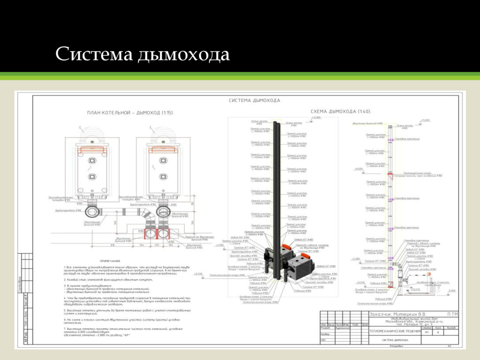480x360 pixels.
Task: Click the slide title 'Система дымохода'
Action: click(x=142, y=54)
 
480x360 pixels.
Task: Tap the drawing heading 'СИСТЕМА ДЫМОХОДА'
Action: click(x=254, y=100)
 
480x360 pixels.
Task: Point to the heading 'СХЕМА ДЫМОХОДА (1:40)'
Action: click(x=341, y=112)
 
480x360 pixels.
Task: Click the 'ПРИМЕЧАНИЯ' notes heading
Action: click(x=110, y=261)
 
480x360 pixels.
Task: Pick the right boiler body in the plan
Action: click(x=163, y=169)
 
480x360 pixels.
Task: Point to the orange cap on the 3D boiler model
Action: click(x=287, y=247)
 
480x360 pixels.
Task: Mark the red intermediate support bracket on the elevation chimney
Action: click(x=390, y=175)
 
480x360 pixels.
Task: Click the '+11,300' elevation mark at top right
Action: click(x=425, y=120)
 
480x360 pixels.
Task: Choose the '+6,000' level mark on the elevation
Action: click(x=359, y=169)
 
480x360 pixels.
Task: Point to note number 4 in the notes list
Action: click(x=64, y=297)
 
